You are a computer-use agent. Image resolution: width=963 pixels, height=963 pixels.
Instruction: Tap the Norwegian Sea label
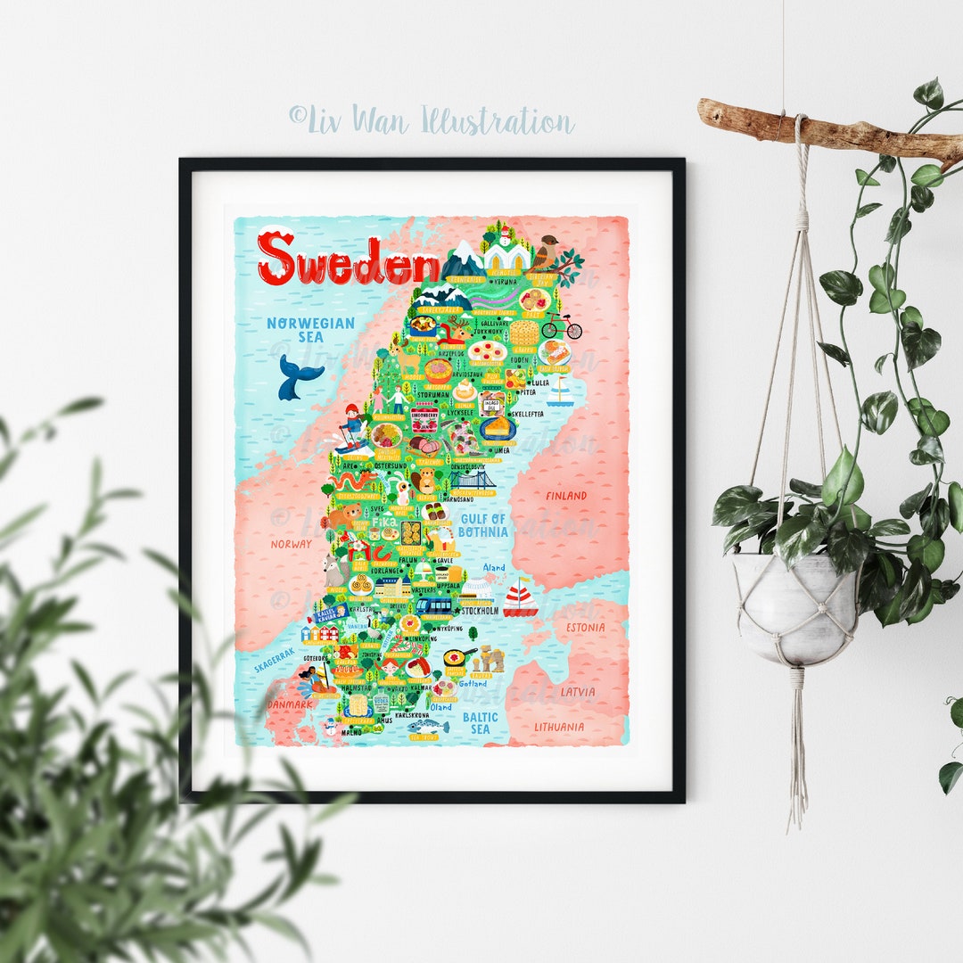point(310,330)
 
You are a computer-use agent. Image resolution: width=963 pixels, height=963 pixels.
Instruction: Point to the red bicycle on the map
point(562,326)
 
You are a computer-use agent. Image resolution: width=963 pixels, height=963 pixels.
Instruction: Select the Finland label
point(566,496)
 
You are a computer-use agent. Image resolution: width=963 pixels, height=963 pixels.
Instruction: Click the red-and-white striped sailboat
point(520,598)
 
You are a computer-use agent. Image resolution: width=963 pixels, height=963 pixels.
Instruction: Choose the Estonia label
point(584,628)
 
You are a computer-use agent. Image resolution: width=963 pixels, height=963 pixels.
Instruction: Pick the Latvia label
point(578,691)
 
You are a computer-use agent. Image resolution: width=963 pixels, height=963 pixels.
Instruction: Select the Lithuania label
point(559,727)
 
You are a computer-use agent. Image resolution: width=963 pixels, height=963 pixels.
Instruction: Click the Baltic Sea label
point(480,722)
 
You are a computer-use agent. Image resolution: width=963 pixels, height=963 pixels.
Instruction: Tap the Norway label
point(292,543)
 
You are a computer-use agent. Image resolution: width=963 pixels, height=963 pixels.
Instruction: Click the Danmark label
point(290,704)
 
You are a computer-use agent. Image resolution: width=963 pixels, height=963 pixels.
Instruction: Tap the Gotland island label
point(473,684)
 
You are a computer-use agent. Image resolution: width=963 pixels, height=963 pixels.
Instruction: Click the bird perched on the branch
point(545,252)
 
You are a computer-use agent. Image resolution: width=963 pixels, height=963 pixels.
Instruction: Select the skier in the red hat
point(353,424)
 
